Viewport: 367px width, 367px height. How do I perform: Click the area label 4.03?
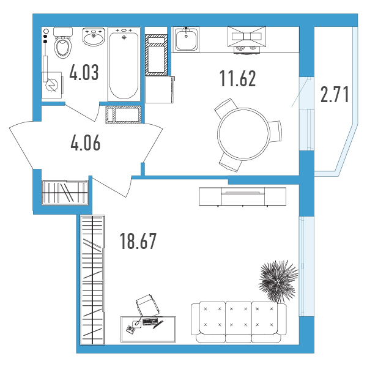(84, 72)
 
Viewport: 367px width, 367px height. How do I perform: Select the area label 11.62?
(237, 78)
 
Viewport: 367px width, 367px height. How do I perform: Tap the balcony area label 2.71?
(335, 94)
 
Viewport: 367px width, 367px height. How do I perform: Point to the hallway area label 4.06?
(86, 143)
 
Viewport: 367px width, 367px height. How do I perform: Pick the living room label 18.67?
(138, 242)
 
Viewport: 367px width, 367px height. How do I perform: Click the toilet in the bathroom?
(62, 42)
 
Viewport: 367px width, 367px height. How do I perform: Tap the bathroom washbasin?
(94, 37)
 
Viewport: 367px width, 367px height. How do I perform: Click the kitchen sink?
(186, 39)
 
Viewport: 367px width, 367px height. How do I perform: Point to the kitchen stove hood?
(247, 37)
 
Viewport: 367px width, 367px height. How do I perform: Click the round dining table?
(243, 134)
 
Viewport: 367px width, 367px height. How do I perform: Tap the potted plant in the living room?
(278, 281)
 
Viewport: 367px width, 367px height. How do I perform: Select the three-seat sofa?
(239, 322)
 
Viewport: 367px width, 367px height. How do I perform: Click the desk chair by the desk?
(148, 305)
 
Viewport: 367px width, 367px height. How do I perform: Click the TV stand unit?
(242, 196)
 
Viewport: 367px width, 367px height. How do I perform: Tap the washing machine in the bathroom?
(52, 85)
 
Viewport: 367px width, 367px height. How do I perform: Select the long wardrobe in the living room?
(92, 280)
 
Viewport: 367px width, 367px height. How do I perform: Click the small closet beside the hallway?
(65, 193)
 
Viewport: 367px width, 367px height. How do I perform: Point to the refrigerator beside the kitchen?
(160, 90)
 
